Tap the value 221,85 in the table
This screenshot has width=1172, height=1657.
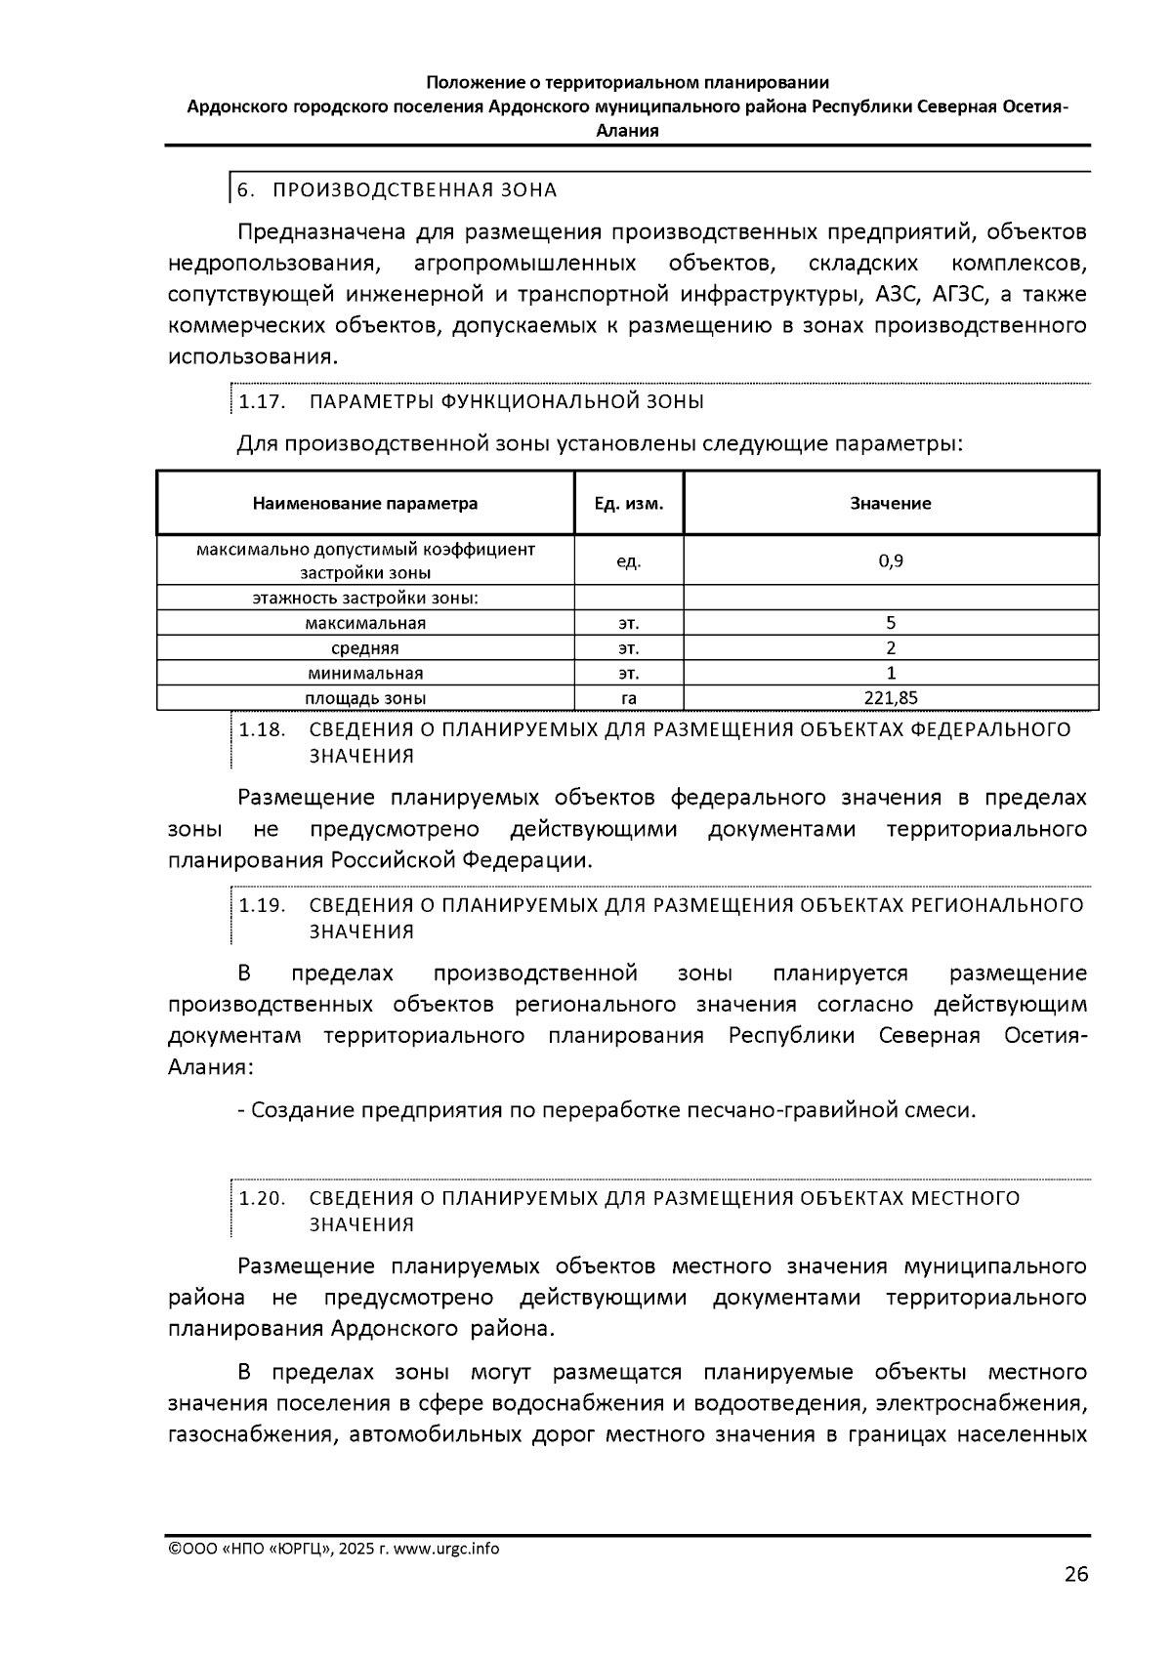point(890,698)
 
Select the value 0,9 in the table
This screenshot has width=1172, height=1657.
point(890,560)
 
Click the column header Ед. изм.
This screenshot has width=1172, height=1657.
point(629,504)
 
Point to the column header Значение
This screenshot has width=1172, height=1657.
point(890,504)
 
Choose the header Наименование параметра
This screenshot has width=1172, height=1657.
point(365,504)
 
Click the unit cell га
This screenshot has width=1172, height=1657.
point(629,698)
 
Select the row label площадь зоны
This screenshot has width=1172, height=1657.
point(365,698)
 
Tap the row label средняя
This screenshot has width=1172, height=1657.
point(365,648)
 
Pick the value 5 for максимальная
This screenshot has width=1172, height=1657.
point(890,623)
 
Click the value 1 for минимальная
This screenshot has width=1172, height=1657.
point(890,673)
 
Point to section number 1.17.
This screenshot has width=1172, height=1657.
point(261,402)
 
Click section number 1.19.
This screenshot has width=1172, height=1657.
point(262,905)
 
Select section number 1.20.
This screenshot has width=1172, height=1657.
point(262,1198)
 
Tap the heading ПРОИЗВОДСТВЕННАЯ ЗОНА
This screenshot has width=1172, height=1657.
point(414,189)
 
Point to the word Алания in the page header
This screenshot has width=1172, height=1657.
point(627,130)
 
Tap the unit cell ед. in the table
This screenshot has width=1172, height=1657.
point(629,561)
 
